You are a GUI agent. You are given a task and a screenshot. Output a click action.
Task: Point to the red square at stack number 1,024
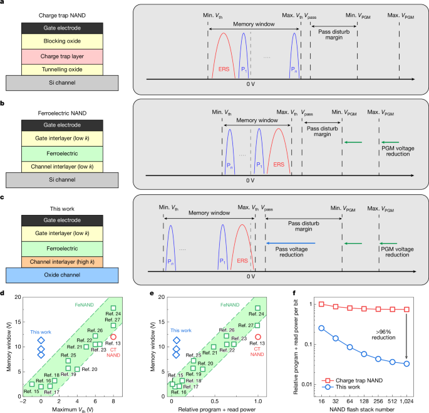click(x=408, y=309)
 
